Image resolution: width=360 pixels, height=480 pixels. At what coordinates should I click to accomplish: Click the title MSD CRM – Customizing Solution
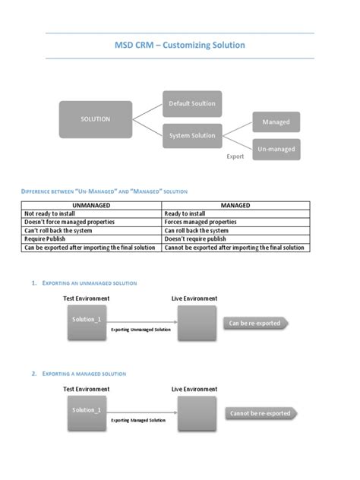180,46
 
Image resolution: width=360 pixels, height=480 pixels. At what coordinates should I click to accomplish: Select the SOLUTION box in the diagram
96,118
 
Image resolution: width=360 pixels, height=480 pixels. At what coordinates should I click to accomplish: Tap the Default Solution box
192,103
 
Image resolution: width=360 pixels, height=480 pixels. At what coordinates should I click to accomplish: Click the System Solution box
192,136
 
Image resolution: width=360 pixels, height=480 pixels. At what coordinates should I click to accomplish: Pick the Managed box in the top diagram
276,122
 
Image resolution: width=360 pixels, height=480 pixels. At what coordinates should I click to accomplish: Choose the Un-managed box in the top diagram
276,149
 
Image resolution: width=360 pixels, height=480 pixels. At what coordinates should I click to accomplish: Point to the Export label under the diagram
235,156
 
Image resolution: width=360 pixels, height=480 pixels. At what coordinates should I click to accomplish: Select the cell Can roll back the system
197,231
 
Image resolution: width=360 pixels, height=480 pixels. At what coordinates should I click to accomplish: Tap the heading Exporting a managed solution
84,374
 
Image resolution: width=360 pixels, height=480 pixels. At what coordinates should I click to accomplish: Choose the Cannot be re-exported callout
259,414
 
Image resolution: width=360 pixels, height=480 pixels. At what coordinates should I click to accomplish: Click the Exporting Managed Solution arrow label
138,420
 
